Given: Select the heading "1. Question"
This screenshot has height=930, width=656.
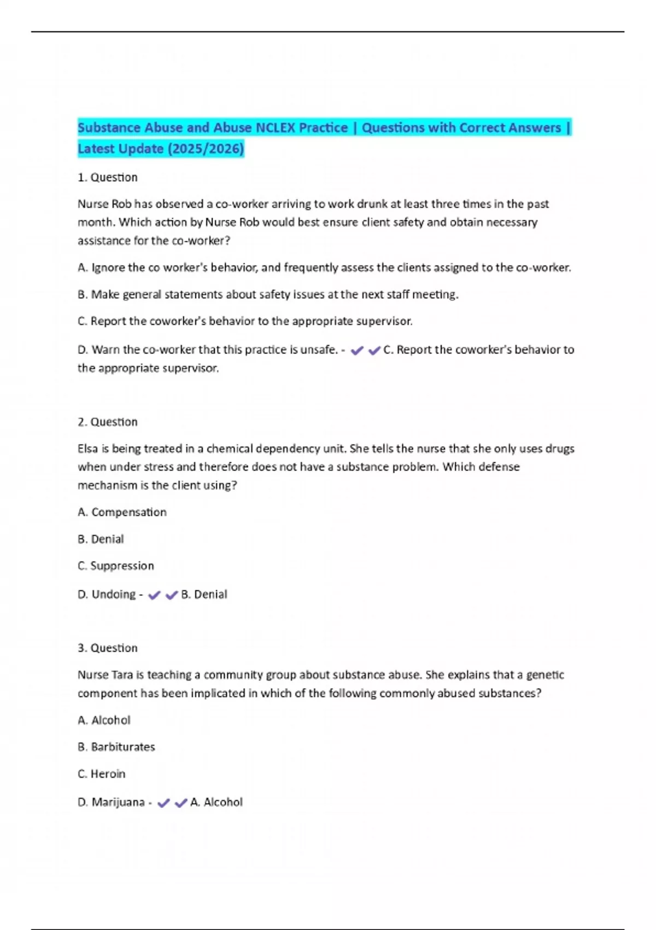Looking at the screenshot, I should click(x=108, y=177).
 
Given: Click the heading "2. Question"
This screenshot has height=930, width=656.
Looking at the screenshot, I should click(x=108, y=422).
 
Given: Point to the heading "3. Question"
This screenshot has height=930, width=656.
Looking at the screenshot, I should click(x=108, y=648).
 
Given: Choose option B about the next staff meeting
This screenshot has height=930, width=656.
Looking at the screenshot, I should click(x=268, y=294).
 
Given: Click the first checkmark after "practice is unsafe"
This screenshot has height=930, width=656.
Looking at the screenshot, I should click(x=357, y=351).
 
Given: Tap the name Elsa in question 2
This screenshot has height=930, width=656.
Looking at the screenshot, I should click(x=87, y=449).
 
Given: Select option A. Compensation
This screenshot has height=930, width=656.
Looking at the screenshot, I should click(x=122, y=512).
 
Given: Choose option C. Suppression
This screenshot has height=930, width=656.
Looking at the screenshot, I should click(x=116, y=566).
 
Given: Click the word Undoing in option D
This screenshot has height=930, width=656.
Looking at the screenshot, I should click(x=113, y=594).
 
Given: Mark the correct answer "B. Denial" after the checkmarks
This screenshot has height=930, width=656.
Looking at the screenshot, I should click(x=204, y=594).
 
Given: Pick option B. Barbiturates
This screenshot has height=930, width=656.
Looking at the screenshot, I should click(x=116, y=747).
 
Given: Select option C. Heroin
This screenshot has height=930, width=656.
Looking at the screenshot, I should click(x=102, y=774).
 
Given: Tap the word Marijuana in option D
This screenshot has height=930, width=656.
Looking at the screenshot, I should click(x=118, y=802).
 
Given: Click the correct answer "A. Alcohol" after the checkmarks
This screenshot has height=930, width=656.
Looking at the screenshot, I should click(x=216, y=802).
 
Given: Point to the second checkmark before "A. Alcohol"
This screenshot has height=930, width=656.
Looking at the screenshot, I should click(x=180, y=803).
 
